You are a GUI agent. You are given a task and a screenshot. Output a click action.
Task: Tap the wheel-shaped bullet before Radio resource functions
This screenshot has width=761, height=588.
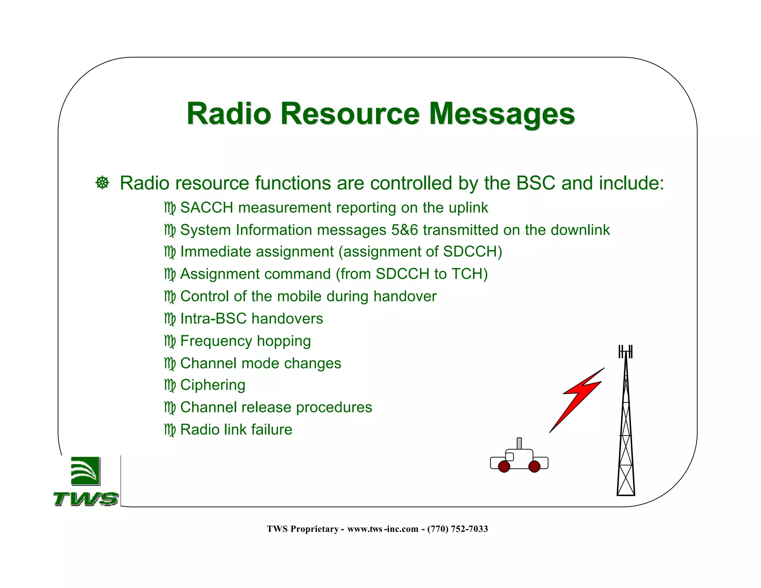click(x=102, y=183)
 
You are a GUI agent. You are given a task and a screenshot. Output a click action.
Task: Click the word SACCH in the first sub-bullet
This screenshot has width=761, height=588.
click(x=207, y=208)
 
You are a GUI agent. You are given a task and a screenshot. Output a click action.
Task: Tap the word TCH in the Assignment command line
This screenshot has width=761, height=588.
click(x=467, y=274)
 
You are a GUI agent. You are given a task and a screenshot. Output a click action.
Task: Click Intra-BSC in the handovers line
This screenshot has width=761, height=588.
click(x=213, y=319)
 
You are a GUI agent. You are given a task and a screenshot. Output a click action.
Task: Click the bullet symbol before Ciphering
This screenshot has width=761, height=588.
click(x=169, y=385)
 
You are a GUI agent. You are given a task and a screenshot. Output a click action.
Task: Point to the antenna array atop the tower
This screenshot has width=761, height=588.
click(x=625, y=351)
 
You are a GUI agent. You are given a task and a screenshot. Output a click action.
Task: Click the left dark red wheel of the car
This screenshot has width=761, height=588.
click(x=504, y=466)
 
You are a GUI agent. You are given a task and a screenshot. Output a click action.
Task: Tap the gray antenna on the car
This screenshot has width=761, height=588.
click(x=519, y=443)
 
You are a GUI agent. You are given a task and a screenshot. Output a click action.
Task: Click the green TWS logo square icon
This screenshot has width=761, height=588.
click(x=85, y=471)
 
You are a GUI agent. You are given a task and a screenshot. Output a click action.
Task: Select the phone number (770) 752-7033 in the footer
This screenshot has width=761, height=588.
click(x=457, y=529)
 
